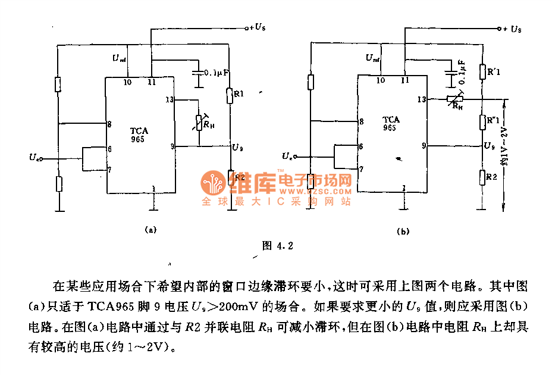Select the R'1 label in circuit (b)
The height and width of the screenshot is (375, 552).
click(x=494, y=73)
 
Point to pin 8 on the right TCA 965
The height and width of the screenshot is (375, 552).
click(x=362, y=121)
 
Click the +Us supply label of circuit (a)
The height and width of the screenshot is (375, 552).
click(x=256, y=27)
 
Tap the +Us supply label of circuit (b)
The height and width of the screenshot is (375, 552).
click(x=512, y=29)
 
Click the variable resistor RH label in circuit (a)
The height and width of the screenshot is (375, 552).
click(x=209, y=124)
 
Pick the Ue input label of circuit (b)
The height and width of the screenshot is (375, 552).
click(x=288, y=156)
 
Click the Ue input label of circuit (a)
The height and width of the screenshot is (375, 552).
click(x=35, y=157)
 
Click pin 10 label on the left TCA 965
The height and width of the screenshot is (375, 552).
click(x=127, y=82)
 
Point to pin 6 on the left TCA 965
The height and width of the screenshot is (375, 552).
click(x=109, y=148)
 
